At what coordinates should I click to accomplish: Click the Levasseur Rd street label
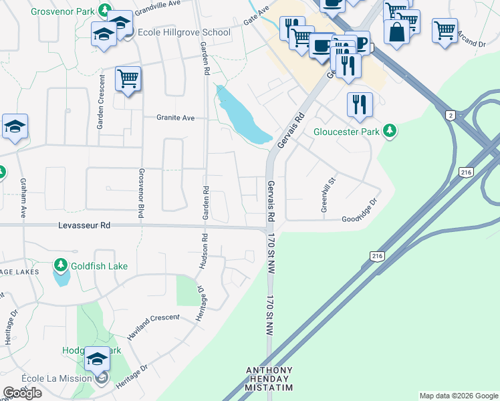(x=84, y=226)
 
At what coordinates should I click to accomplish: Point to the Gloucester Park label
(x=347, y=131)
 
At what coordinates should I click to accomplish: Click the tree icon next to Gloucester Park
(x=389, y=131)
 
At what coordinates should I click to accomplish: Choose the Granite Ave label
(x=175, y=118)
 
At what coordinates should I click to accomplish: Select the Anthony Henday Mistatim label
(x=270, y=378)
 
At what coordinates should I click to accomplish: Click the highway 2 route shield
(x=451, y=116)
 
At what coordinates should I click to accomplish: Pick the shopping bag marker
(x=396, y=32)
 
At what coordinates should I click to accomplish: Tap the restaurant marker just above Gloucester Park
(x=360, y=104)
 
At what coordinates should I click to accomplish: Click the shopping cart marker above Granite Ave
(x=128, y=78)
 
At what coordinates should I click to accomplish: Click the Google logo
(x=22, y=393)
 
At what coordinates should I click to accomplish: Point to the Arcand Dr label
(x=472, y=43)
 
